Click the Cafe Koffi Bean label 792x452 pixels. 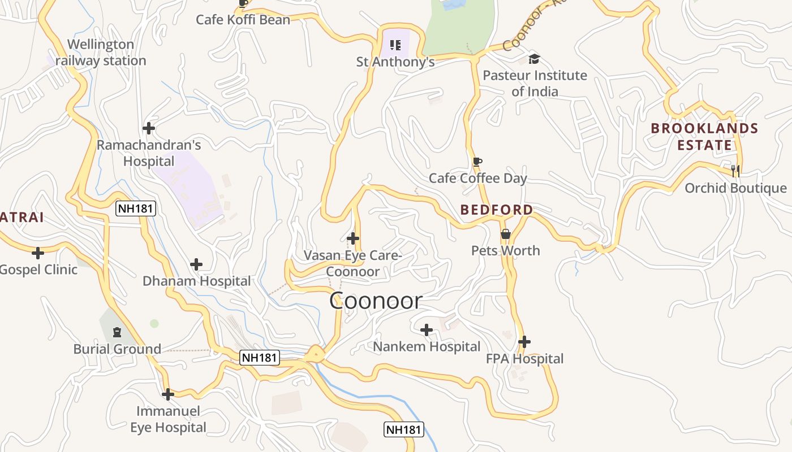point(243,20)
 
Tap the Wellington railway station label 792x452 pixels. point(101,53)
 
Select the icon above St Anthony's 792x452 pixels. point(395,45)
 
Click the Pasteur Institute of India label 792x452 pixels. point(535,83)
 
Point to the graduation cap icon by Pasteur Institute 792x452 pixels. point(534,59)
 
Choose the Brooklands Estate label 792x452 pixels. point(704,136)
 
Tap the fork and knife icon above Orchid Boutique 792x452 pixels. point(735,170)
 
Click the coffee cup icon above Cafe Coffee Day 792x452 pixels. point(477,162)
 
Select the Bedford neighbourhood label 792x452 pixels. point(496,210)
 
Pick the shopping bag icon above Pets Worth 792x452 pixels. point(506,233)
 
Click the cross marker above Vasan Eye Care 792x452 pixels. point(353,238)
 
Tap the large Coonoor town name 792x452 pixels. point(376,301)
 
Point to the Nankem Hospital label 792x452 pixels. point(427,346)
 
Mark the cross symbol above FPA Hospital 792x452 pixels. point(524,341)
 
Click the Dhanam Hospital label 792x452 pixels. point(196,281)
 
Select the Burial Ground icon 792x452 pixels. point(117,332)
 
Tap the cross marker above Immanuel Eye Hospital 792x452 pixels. point(167,394)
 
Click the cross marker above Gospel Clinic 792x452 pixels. point(38,253)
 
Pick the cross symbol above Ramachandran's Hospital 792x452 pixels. point(149,128)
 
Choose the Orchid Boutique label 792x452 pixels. point(735,188)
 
